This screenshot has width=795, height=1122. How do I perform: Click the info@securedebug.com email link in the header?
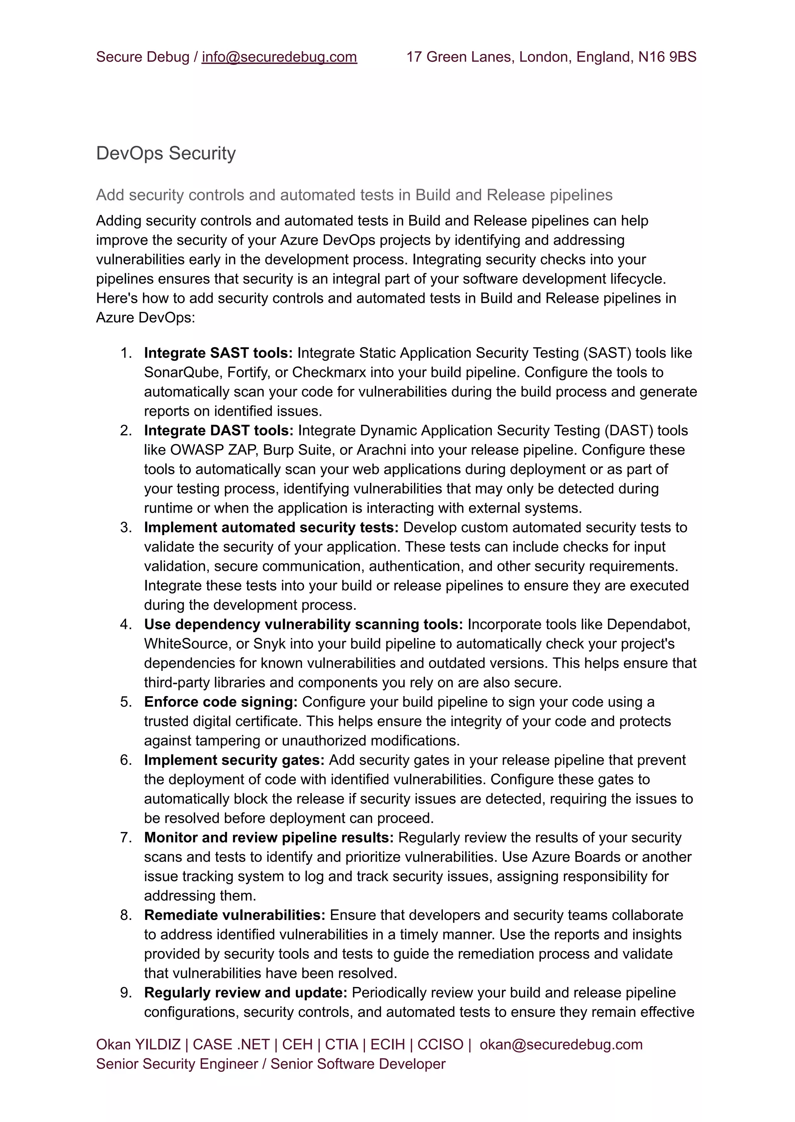[279, 57]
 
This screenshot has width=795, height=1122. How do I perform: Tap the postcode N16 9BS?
[667, 57]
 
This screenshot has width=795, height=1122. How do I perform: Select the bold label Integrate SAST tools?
[218, 353]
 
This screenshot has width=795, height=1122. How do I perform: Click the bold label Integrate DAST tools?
[218, 430]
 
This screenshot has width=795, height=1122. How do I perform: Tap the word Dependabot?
[648, 624]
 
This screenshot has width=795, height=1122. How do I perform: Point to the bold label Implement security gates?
[234, 760]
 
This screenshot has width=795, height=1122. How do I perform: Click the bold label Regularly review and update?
[245, 993]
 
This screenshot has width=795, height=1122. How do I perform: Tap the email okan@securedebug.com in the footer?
[561, 1045]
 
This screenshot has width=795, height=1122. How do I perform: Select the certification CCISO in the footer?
[440, 1045]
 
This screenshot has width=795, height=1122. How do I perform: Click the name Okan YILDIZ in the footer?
[138, 1045]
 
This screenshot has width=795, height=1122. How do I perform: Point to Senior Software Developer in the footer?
[358, 1064]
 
